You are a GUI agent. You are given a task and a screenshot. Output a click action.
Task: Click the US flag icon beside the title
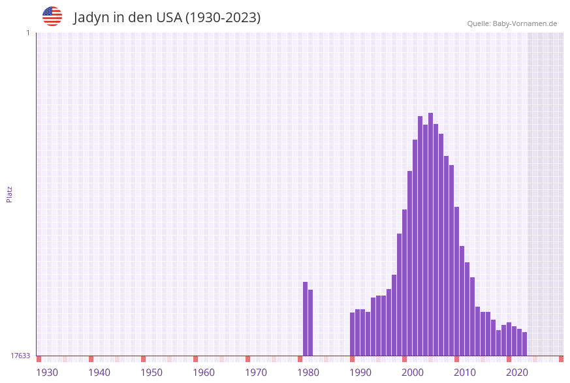point(52,16)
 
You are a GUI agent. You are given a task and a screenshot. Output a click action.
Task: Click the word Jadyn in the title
point(91,18)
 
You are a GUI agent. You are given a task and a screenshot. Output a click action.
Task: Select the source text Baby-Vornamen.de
point(524,23)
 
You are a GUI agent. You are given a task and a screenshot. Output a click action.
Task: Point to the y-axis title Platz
point(10,194)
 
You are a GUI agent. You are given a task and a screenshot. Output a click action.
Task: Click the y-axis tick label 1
point(27,33)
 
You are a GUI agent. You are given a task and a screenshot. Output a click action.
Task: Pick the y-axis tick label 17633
point(20,356)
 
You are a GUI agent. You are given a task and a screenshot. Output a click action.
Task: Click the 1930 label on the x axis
point(47,372)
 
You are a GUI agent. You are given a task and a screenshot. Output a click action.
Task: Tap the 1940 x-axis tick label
point(99,372)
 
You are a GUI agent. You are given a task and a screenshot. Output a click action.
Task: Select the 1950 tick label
point(151,372)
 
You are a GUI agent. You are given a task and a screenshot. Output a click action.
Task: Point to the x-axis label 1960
point(204,372)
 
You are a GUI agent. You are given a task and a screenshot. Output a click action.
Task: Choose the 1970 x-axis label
point(256,372)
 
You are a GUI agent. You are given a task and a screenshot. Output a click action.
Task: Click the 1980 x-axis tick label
point(308,372)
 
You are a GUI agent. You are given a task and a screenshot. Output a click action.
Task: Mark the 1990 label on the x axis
point(360,372)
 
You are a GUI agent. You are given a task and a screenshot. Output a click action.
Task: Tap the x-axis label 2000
point(413,372)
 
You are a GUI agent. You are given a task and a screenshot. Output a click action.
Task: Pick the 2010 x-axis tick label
point(465,372)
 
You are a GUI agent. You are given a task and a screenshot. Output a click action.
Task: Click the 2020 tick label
point(517,372)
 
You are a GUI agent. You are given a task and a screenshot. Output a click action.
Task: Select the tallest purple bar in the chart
point(431,235)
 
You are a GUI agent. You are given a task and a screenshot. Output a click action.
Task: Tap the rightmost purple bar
point(524,344)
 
